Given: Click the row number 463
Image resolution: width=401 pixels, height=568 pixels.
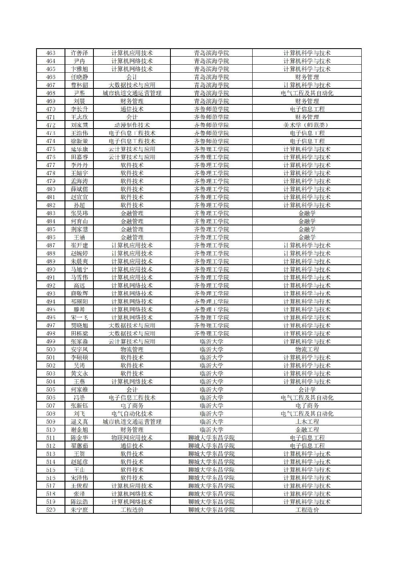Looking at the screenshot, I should coord(51,53).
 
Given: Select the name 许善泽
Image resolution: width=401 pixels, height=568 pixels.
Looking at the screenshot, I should coord(79,53).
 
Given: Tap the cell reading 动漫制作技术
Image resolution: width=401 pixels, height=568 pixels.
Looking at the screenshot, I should coord(132,125).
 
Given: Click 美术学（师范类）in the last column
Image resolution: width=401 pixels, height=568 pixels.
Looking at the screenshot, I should coord(307,125).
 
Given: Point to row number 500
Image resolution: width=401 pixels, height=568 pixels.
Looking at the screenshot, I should coord(51,349).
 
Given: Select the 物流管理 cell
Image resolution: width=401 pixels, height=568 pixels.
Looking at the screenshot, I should coord(132,349).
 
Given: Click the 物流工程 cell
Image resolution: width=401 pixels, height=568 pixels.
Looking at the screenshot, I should coord(307,349).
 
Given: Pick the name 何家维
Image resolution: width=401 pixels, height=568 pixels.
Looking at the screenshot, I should coord(79,390).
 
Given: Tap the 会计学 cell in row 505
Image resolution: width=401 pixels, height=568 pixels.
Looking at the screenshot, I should coord(307,390).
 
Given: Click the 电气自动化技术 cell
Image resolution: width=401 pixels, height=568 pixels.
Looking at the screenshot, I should coord(132,414).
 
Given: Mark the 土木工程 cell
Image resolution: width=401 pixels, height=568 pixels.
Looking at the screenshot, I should coord(307,422).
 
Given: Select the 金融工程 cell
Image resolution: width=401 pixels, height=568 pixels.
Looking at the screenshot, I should coord(307,430).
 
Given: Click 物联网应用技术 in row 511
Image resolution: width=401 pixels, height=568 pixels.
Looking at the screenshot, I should coord(132,438).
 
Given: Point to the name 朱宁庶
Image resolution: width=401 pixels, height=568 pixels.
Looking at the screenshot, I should coord(79,510).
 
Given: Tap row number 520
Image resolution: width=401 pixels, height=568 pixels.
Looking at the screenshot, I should coord(51,510).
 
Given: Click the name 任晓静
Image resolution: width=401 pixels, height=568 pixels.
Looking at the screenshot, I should coord(79,77).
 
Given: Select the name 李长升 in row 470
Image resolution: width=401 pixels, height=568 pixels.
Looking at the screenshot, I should coord(79,109).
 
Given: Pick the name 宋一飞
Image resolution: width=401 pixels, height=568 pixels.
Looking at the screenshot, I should coord(79,317).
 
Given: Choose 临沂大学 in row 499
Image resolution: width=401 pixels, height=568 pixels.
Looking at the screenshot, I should coord(211,341).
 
